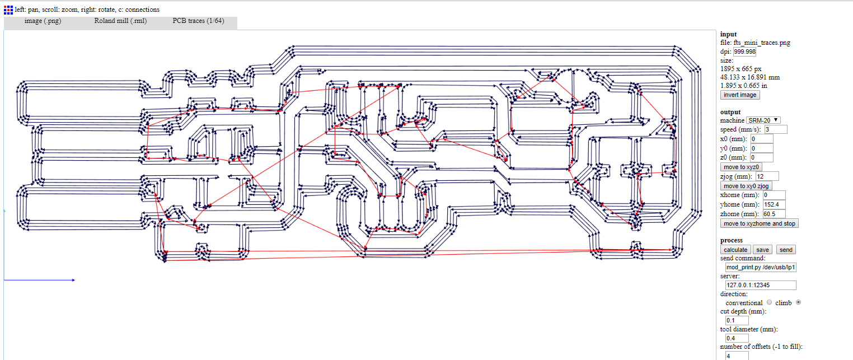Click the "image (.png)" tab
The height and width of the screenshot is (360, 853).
coord(43,21)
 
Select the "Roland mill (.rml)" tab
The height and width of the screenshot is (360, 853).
coord(120,21)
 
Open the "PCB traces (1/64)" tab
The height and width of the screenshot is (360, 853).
coord(198,21)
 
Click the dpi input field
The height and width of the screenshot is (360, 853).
coord(745,52)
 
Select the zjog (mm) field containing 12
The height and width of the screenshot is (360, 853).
coord(767,176)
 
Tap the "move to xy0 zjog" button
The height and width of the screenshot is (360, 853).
coord(747,186)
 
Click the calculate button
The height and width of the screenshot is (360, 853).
coord(735,250)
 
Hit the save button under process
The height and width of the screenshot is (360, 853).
coord(762,250)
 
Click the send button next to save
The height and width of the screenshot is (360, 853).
coord(786,250)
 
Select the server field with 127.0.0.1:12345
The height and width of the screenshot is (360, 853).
coord(761,286)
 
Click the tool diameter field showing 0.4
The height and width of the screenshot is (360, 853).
coord(737,338)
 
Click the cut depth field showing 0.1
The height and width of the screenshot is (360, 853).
coord(737,320)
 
